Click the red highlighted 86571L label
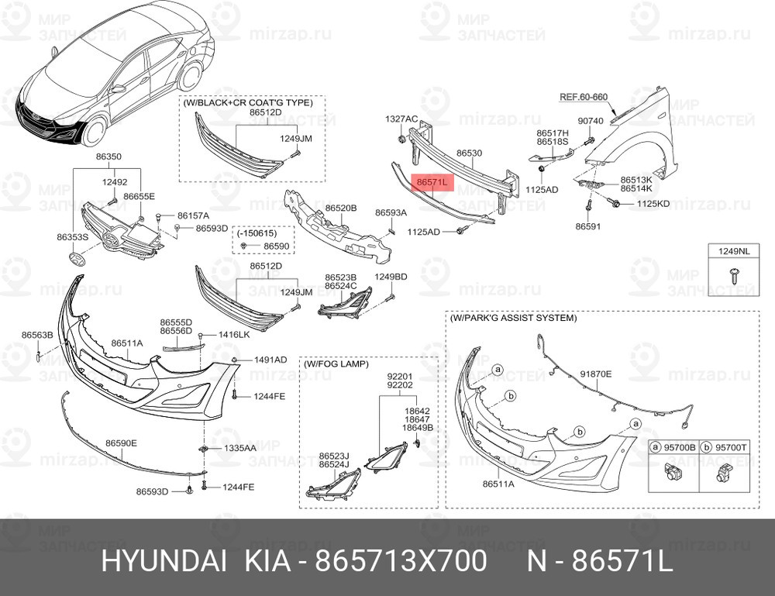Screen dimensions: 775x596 click(x=432, y=182)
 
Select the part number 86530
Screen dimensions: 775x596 click(x=469, y=153)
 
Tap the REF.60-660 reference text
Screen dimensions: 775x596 click(x=584, y=98)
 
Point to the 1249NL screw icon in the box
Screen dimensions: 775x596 click(x=733, y=275)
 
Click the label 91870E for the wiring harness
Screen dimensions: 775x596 click(x=595, y=374)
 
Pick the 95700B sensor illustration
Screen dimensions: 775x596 click(x=672, y=473)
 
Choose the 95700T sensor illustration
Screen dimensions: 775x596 click(x=725, y=473)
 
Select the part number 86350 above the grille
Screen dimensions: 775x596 click(x=108, y=157)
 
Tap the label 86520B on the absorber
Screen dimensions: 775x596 click(x=340, y=208)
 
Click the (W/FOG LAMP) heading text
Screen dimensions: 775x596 click(x=336, y=364)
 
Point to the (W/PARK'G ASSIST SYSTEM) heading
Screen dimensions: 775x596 click(x=513, y=318)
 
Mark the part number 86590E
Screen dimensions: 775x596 click(x=122, y=443)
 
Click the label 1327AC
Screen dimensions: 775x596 click(x=401, y=119)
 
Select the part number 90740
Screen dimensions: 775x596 click(x=591, y=121)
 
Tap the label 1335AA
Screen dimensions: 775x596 click(x=240, y=448)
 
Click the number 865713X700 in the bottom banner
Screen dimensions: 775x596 click(x=401, y=561)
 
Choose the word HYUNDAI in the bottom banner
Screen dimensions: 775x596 click(x=164, y=561)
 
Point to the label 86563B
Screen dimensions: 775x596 click(x=37, y=335)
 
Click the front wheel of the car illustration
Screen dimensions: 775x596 click(x=95, y=130)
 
